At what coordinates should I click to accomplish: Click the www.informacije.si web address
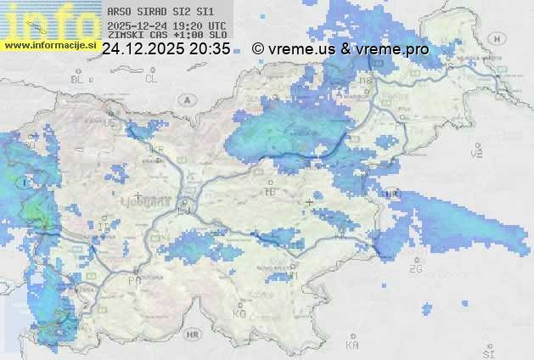[50, 44]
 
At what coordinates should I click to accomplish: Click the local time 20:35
[210, 49]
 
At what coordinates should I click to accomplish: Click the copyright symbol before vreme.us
[259, 49]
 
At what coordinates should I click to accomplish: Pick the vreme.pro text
[392, 49]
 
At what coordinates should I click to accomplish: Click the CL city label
[151, 79]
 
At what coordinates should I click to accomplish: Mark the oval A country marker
[185, 99]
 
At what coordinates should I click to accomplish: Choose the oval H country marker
[497, 39]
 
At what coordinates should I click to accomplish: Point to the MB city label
[365, 80]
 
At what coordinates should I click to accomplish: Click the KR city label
[157, 149]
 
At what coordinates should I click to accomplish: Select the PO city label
[133, 280]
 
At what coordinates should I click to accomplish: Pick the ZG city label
[415, 269]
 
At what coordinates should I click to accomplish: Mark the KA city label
[352, 346]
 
